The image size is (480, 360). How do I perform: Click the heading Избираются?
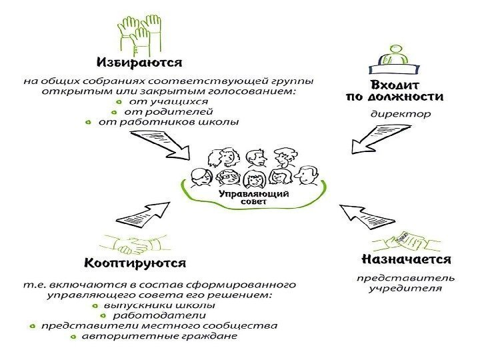coord(139,63)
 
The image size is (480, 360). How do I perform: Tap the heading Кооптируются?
coord(135,263)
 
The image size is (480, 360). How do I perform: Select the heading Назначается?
coord(406,259)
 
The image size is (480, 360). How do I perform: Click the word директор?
coord(401,114)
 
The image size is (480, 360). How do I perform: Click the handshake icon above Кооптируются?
coord(134,244)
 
